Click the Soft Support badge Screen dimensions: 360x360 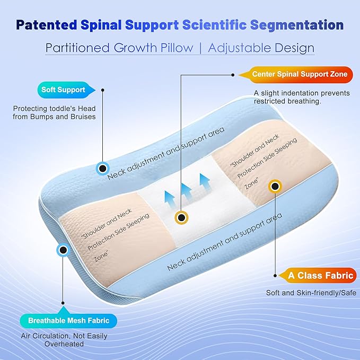point(63,90)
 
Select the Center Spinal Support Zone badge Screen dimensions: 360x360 point(300,74)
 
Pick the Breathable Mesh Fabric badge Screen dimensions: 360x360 point(65,320)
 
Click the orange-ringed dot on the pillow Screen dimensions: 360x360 point(275,186)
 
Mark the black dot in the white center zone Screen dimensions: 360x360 point(181,217)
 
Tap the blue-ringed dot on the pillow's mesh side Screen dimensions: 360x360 point(63,249)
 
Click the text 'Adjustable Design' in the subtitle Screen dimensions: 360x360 point(261,48)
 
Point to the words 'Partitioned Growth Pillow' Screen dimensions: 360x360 point(119,48)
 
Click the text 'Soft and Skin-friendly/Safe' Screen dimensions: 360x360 point(311,293)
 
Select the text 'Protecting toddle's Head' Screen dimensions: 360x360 point(54,108)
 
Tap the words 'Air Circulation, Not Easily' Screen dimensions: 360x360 point(64,336)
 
